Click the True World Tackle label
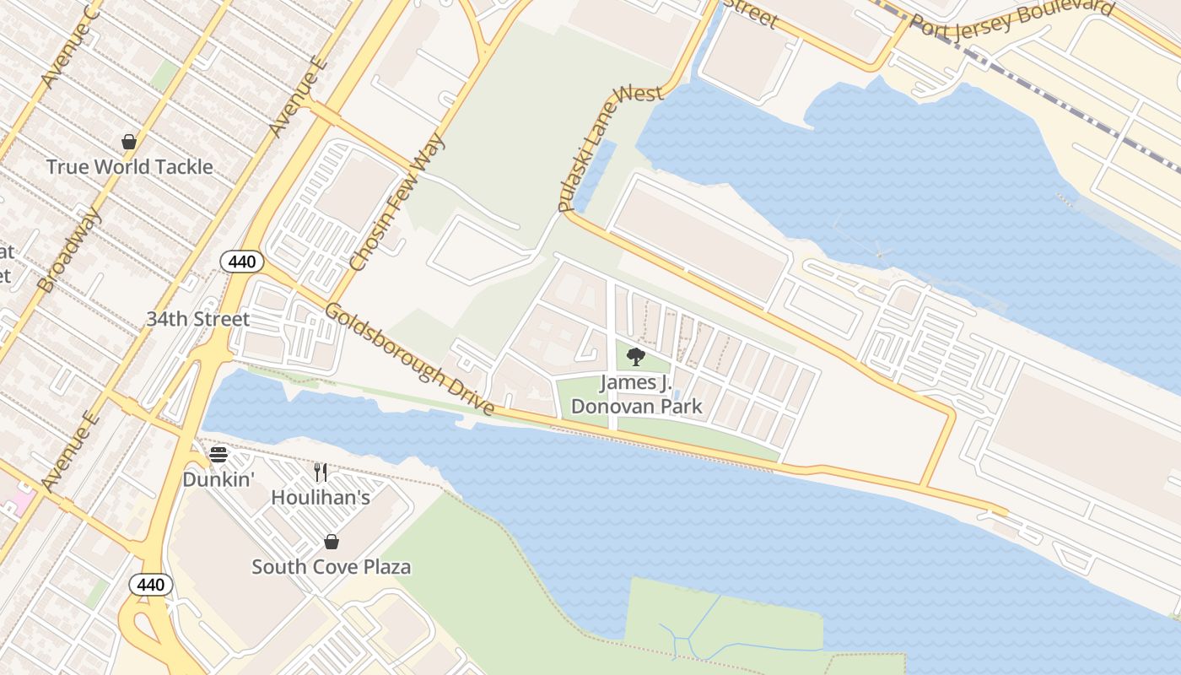point(129,167)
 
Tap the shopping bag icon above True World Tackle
point(129,142)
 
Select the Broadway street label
point(70,251)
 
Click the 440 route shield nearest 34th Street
point(242,262)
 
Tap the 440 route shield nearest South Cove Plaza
point(151,584)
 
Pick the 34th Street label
point(198,319)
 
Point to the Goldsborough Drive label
point(410,359)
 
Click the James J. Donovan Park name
point(636,394)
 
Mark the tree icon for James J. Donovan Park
point(636,357)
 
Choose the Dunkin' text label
point(218,479)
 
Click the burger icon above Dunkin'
point(218,455)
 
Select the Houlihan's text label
point(321,498)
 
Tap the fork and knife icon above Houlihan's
point(321,472)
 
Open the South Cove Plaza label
point(332,566)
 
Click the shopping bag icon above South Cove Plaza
point(332,542)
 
